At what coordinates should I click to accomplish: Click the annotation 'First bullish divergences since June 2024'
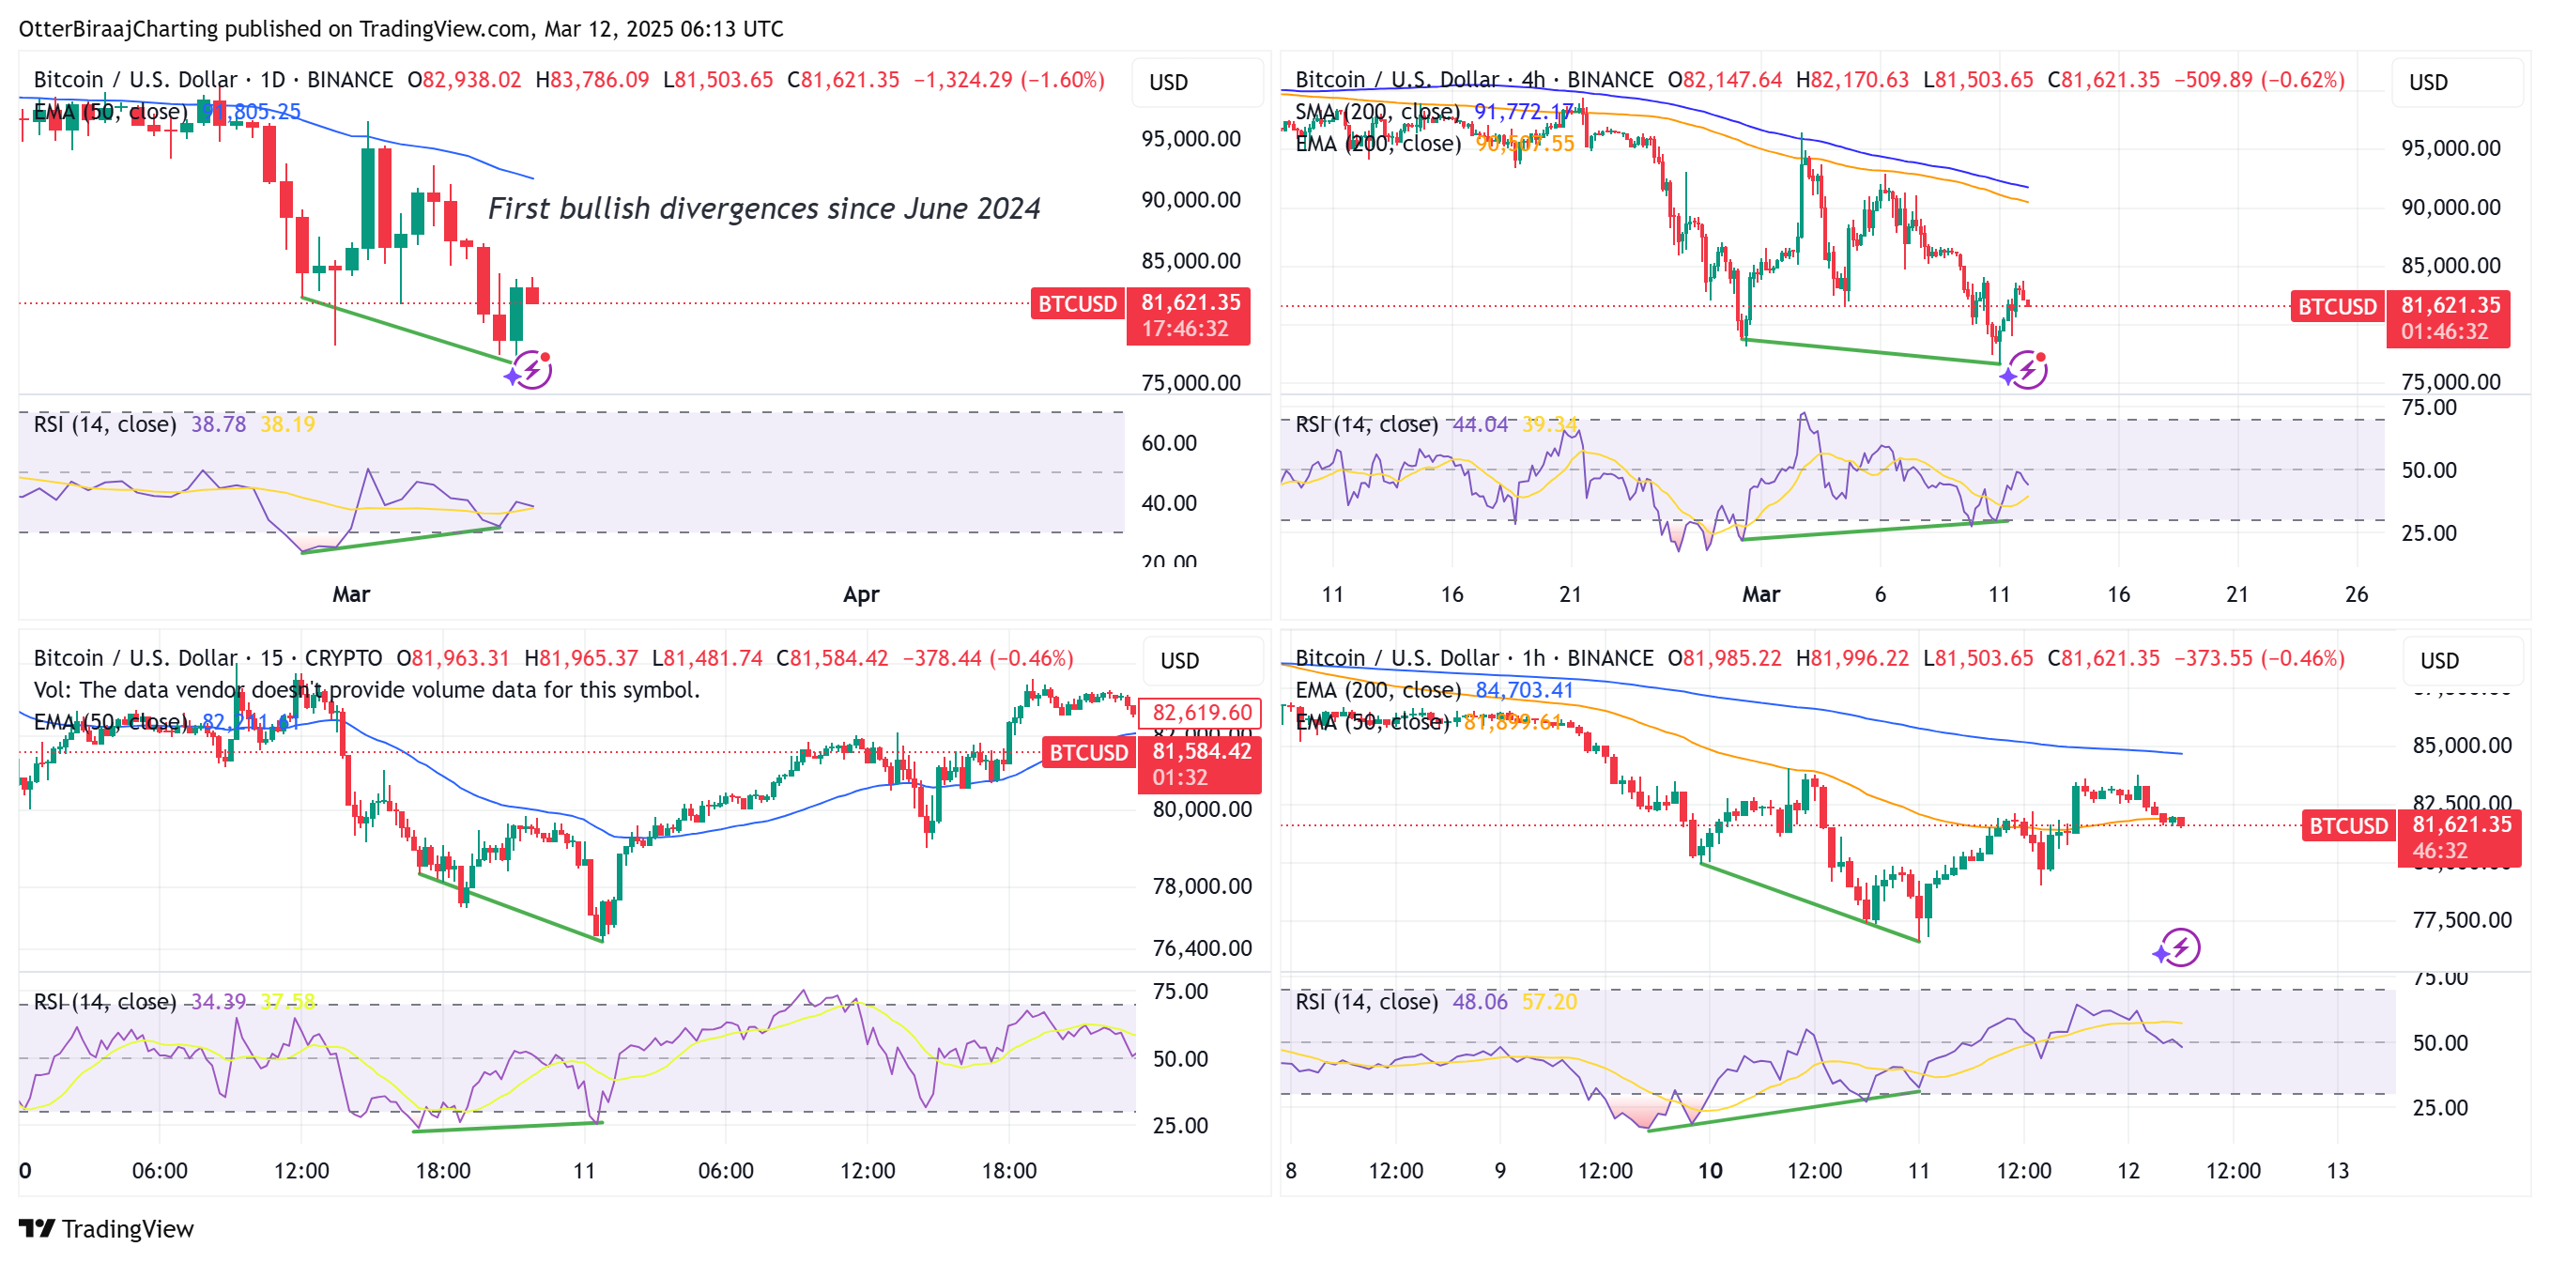tap(763, 208)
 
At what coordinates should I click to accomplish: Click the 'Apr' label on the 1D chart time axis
tap(860, 593)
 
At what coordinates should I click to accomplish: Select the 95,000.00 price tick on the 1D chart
tap(1190, 139)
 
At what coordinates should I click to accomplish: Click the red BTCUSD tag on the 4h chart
tap(2336, 307)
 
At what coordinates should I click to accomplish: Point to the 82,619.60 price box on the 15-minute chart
tap(1201, 713)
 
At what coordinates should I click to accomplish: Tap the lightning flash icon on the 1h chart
tap(2179, 948)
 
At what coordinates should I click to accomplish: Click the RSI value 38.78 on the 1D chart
tap(218, 424)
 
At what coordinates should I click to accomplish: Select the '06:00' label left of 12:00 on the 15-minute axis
tap(160, 1170)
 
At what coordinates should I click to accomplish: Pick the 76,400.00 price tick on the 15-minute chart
tap(1201, 947)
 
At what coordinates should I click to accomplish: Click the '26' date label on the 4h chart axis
tap(2356, 593)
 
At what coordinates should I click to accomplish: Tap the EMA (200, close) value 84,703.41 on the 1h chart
tap(1524, 690)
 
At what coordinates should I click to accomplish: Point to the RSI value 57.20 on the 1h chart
tap(1548, 1002)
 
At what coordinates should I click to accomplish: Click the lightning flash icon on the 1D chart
tap(533, 370)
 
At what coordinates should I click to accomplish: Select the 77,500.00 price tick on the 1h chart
tap(2461, 919)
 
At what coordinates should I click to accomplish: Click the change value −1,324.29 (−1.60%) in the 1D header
tap(1007, 80)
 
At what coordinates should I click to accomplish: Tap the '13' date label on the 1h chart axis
tap(2336, 1170)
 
